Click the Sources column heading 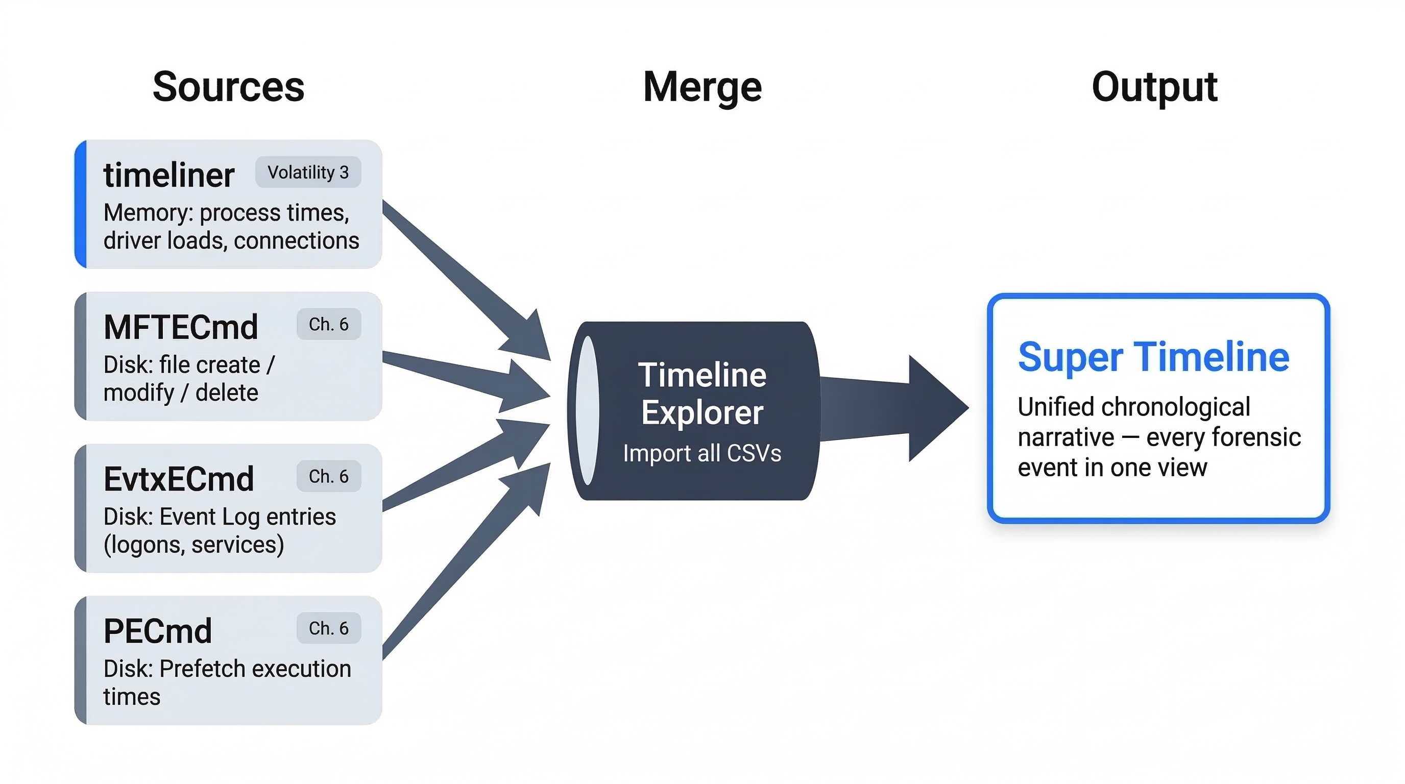(228, 87)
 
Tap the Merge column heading (702, 87)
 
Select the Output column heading (1154, 87)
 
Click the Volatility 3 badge (308, 173)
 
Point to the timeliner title (168, 176)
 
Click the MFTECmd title (181, 327)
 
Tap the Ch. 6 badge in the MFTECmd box (328, 325)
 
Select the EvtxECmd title (179, 479)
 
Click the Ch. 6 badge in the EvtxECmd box (328, 477)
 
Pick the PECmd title (158, 631)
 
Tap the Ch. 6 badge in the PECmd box (328, 628)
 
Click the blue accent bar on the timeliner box (81, 204)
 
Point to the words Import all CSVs (702, 454)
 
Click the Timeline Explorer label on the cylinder (702, 394)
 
